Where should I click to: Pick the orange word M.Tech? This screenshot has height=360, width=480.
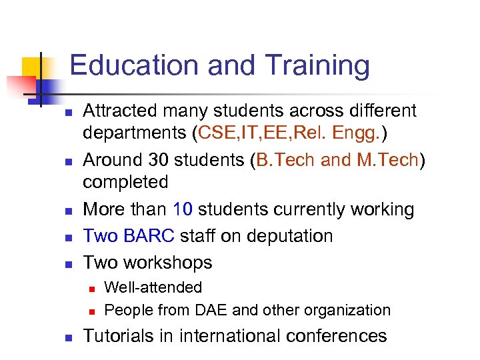coord(389,160)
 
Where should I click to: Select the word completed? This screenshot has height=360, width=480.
coord(125,182)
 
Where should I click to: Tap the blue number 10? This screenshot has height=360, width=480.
coord(182,209)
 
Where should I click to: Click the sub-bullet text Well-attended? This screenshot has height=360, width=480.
coord(153,287)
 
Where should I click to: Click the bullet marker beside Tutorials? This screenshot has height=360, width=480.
coord(68,337)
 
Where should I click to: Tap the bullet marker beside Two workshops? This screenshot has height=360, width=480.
coord(68,263)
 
